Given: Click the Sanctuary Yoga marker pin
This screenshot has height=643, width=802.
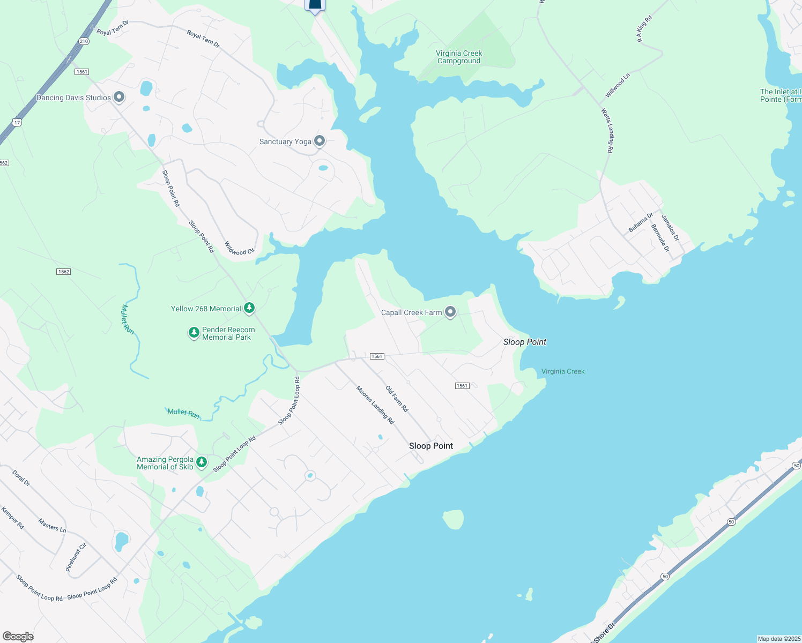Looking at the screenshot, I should pyautogui.click(x=320, y=141).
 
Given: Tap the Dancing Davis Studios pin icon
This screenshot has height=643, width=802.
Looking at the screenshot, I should pyautogui.click(x=119, y=97).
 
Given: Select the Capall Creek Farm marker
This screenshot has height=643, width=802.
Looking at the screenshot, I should pyautogui.click(x=450, y=312).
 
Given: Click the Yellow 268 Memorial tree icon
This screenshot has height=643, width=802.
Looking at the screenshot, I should pyautogui.click(x=249, y=308).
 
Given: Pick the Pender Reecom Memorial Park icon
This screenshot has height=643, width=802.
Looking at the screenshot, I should pyautogui.click(x=194, y=333).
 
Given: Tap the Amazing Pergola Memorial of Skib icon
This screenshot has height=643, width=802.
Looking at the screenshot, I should pyautogui.click(x=202, y=462).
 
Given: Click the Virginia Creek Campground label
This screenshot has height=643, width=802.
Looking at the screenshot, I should pyautogui.click(x=459, y=57).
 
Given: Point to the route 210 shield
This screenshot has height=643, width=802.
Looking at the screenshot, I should pyautogui.click(x=83, y=41).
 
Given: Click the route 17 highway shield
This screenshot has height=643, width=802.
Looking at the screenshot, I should pyautogui.click(x=18, y=123).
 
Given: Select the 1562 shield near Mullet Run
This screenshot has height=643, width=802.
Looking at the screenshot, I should pyautogui.click(x=64, y=272).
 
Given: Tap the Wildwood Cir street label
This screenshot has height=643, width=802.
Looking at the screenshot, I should pyautogui.click(x=239, y=248).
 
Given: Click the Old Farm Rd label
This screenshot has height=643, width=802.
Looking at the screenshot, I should pyautogui.click(x=397, y=399).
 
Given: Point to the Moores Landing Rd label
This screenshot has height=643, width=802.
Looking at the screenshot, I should pyautogui.click(x=375, y=405).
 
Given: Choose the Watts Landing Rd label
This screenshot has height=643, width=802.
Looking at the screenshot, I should pyautogui.click(x=607, y=131).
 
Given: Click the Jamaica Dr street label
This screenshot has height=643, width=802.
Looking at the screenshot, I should pyautogui.click(x=670, y=228).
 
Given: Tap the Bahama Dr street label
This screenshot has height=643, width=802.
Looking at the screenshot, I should pyautogui.click(x=641, y=222).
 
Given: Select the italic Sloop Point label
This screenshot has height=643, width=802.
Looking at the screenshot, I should pyautogui.click(x=525, y=342).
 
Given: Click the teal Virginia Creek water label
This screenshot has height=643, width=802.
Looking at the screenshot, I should pyautogui.click(x=563, y=371).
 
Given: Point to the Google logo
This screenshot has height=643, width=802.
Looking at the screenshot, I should pyautogui.click(x=18, y=636).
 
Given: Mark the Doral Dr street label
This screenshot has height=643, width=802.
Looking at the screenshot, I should pyautogui.click(x=21, y=477).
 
